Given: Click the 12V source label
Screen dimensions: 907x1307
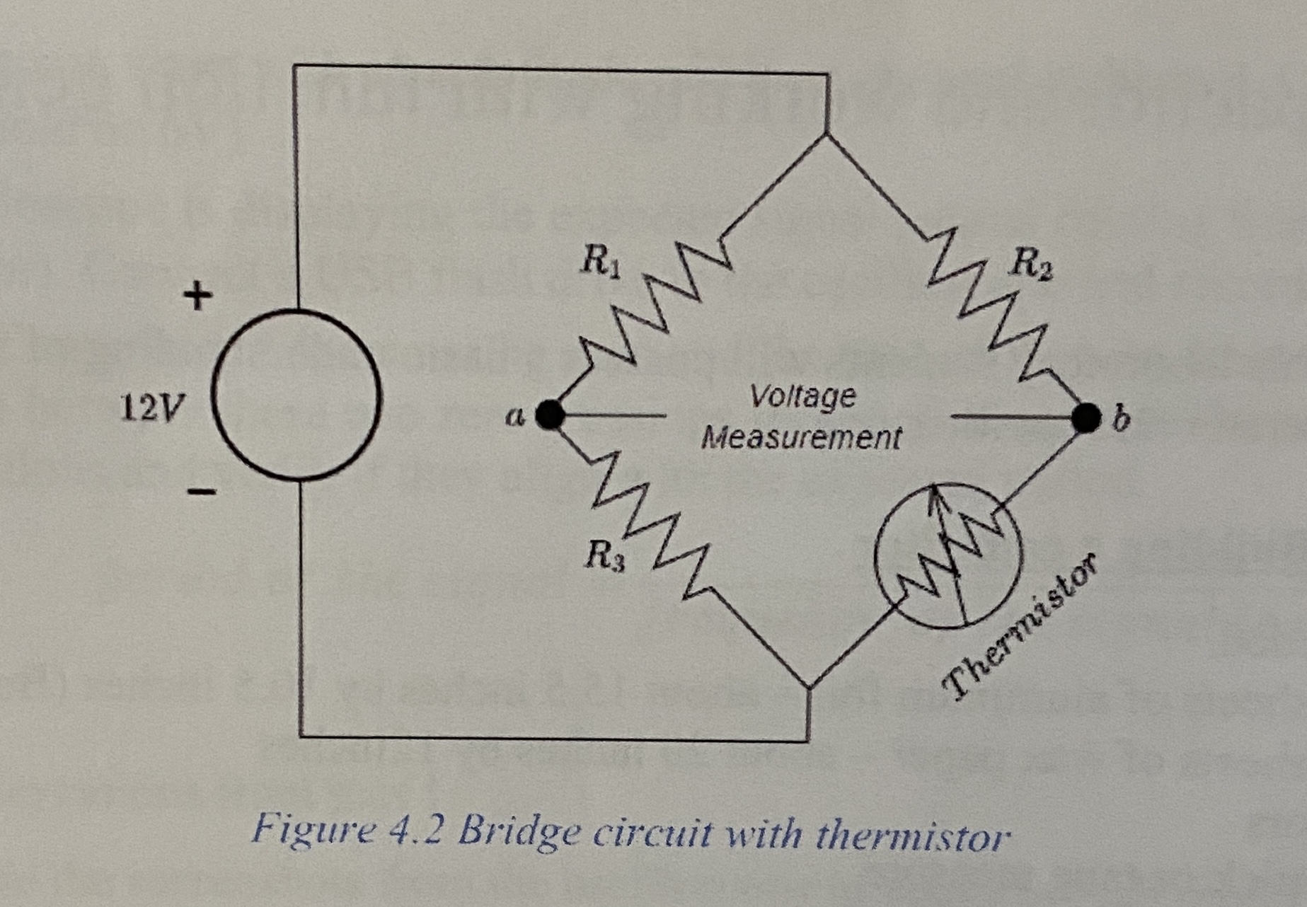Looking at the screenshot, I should [151, 408].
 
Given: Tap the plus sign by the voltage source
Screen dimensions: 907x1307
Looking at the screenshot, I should [197, 296].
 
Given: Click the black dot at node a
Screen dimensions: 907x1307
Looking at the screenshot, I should [550, 415].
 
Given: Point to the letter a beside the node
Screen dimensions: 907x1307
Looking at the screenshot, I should [515, 417].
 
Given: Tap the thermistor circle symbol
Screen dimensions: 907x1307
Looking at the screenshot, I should [948, 555].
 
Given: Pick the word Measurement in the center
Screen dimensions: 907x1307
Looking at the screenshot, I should [801, 438].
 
